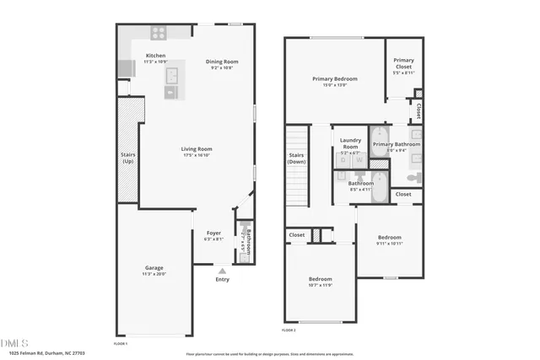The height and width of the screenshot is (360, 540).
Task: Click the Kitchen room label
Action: tap(154, 56)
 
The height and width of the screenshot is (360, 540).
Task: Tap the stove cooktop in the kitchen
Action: tap(158, 33)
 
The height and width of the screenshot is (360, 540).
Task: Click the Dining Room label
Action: tap(223, 61)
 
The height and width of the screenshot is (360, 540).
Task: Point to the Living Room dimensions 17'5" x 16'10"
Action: tap(195, 155)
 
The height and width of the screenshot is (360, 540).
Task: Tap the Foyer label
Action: tap(213, 233)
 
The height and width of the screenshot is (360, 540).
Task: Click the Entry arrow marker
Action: tap(222, 271)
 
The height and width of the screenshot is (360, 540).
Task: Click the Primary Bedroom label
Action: tap(335, 78)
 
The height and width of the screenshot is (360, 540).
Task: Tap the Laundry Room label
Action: tap(350, 143)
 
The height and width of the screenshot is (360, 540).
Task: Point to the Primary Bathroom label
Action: tap(397, 144)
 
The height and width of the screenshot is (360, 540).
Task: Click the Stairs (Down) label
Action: tap(296, 159)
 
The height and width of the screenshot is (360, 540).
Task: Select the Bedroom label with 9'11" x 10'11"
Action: tap(389, 237)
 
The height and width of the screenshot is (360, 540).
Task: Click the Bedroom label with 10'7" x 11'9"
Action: tap(320, 278)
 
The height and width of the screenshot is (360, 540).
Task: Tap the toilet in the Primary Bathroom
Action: tap(414, 178)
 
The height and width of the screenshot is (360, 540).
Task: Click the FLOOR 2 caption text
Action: tap(289, 330)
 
